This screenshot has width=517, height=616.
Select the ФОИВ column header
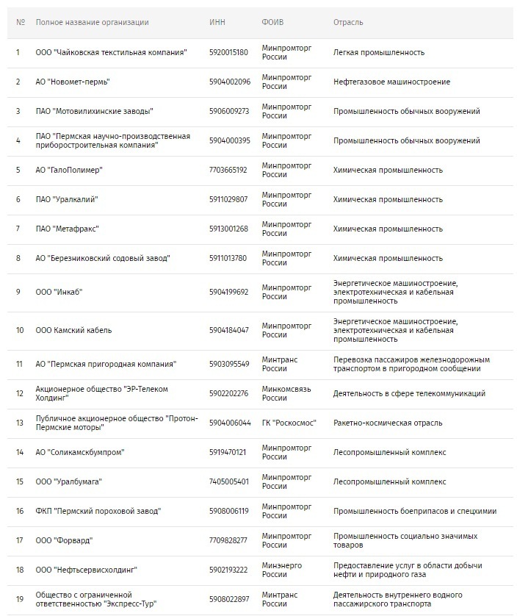(x=272, y=22)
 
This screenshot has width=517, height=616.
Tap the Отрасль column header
(x=348, y=22)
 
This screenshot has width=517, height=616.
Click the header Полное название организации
(x=92, y=22)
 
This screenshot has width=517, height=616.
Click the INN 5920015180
(x=228, y=53)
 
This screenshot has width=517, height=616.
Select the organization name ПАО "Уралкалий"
(x=67, y=199)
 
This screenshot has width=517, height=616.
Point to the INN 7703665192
(x=228, y=170)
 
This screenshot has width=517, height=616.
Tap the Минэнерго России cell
(x=281, y=570)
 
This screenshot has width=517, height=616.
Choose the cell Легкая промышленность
(x=379, y=53)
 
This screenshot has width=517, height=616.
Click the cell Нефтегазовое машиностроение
(x=391, y=82)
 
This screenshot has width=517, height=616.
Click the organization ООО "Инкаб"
(x=59, y=292)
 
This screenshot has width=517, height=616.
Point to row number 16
(x=20, y=511)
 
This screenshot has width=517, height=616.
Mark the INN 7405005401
(x=228, y=481)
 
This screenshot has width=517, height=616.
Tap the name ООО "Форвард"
(x=64, y=540)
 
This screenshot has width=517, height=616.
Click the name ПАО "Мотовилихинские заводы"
(x=94, y=111)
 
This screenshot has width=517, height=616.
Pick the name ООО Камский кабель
(x=73, y=330)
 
